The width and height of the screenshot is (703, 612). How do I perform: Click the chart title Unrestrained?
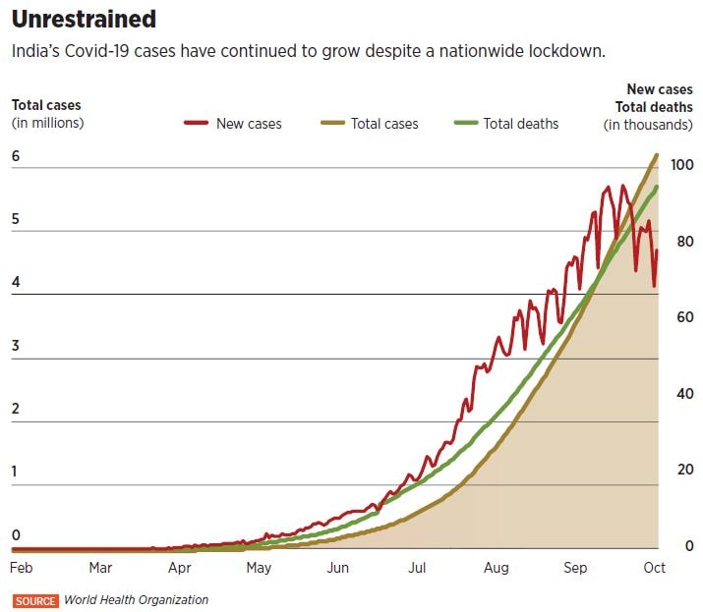click(84, 19)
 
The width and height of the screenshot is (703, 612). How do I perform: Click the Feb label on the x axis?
click(21, 568)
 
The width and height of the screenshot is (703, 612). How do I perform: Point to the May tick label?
click(258, 568)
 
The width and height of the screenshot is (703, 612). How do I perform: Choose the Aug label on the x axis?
click(497, 568)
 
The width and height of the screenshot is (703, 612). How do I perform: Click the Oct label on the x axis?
click(655, 568)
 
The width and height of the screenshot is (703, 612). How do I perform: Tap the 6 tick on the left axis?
click(16, 157)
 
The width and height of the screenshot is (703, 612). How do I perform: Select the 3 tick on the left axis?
click(16, 346)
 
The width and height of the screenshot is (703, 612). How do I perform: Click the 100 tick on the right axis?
click(680, 165)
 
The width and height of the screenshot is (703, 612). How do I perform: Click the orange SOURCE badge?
click(35, 600)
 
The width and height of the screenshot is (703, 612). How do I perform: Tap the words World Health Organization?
click(136, 600)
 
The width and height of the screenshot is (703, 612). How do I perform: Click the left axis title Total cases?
click(46, 105)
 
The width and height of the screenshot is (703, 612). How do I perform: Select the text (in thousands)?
click(648, 124)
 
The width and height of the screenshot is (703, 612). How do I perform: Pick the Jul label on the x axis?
click(417, 568)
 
